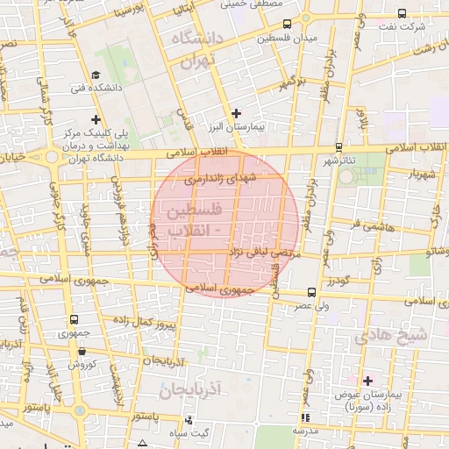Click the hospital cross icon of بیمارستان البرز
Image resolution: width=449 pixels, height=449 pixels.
click(x=236, y=113)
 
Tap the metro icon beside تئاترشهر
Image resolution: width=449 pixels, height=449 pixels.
click(x=339, y=147)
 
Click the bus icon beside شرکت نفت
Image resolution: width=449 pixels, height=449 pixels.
click(x=401, y=13)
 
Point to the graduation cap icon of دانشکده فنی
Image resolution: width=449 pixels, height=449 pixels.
click(x=96, y=75)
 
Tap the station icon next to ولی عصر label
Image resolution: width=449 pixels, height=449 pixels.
click(x=312, y=293)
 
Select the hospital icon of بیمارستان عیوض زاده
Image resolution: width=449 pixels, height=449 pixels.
click(x=367, y=381)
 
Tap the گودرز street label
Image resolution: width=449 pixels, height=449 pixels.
click(x=339, y=282)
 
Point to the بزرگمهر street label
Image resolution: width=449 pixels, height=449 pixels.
click(x=292, y=84)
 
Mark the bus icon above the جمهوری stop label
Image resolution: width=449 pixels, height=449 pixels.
click(x=74, y=319)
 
